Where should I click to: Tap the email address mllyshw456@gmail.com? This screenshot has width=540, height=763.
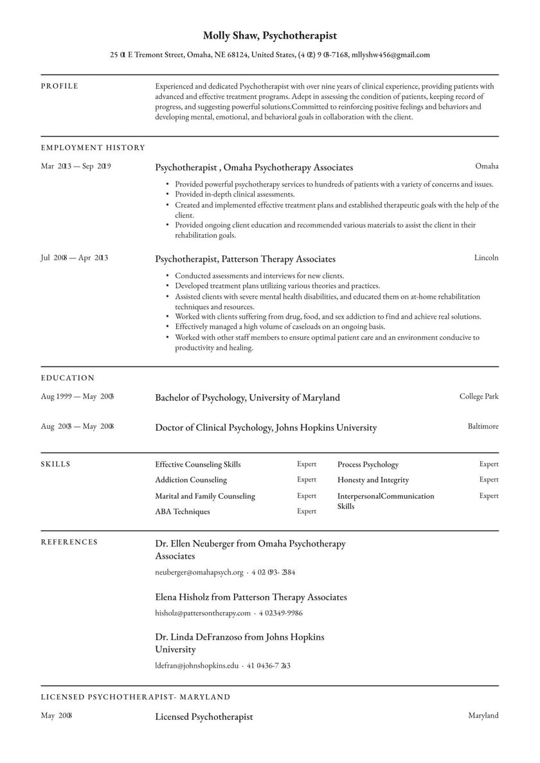point(390,55)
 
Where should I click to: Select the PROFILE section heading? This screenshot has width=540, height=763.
point(60,86)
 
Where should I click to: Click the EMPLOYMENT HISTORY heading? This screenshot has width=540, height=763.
point(93,148)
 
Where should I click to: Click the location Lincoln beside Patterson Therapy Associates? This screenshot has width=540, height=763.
point(486,258)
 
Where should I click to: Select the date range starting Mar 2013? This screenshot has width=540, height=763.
point(76,166)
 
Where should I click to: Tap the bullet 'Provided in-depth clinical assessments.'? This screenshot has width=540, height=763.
point(235,194)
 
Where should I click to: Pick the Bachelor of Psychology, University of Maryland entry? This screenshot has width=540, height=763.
point(248,398)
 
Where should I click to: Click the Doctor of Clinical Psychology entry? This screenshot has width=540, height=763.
point(265,427)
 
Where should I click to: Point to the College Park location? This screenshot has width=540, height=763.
point(479,397)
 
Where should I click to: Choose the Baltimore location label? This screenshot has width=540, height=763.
point(483,426)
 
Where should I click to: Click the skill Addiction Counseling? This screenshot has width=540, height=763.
point(191,480)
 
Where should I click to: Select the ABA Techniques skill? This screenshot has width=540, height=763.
point(183,512)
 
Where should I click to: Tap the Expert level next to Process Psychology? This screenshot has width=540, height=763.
point(489,464)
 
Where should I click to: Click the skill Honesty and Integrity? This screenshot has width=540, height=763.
point(373,480)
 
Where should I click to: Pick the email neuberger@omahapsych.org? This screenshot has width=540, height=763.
point(199,572)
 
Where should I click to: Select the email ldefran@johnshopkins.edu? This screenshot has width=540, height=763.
point(197,666)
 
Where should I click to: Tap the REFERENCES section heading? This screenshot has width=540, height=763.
point(69,543)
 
